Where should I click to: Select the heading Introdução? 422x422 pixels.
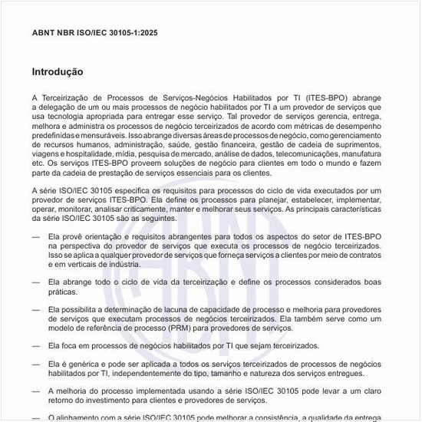point(58,72)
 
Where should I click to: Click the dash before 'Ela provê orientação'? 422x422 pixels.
point(35,238)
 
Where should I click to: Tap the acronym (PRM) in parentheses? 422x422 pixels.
point(174,328)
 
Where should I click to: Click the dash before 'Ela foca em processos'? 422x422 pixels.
point(35,346)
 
